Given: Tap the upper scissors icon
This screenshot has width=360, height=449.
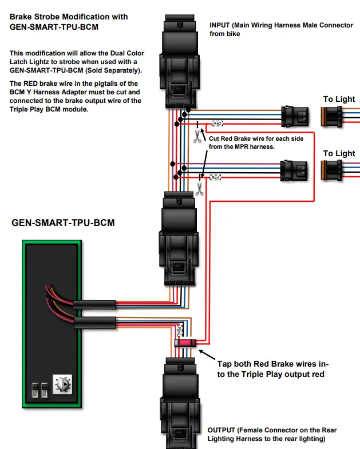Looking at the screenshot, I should (x=197, y=136).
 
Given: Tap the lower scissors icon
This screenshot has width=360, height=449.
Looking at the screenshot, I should (x=199, y=189).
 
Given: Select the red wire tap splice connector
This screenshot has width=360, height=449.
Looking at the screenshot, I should (x=186, y=343).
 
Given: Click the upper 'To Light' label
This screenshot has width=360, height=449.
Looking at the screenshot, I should (x=339, y=99).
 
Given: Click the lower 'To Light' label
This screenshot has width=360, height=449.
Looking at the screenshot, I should (x=339, y=153).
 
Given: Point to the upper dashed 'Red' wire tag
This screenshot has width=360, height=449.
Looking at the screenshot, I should (x=217, y=123).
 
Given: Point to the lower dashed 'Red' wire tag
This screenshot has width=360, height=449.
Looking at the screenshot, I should (x=215, y=178).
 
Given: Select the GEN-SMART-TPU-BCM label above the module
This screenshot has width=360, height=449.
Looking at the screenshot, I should (x=63, y=222).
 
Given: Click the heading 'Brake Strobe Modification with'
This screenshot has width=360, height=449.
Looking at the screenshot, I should (x=69, y=17).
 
